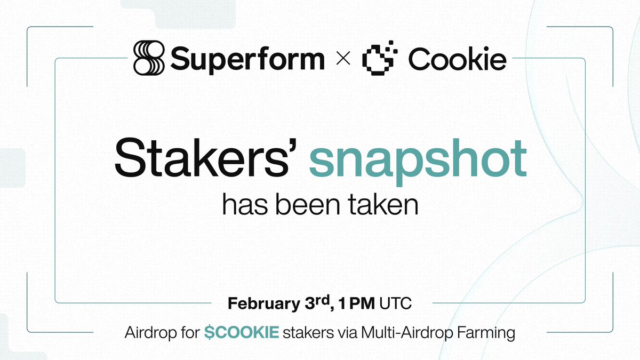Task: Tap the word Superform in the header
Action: tap(247, 59)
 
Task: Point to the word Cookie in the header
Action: tap(457, 59)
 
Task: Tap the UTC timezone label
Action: tap(396, 304)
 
